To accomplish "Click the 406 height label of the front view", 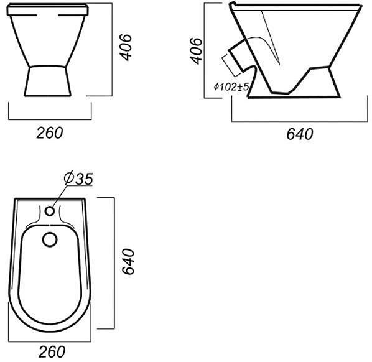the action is [x=125, y=47].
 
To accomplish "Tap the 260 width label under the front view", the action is [x=50, y=133].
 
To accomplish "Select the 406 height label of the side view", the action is [x=196, y=51].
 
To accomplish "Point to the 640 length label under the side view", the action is [x=300, y=134].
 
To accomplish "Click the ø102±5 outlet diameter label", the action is [x=231, y=87].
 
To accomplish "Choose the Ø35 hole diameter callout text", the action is [x=78, y=179].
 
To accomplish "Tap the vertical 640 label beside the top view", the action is [x=128, y=261].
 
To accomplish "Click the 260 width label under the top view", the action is [x=52, y=352].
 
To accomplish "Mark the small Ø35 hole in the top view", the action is [x=50, y=211].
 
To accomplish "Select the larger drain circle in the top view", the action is [x=50, y=239].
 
